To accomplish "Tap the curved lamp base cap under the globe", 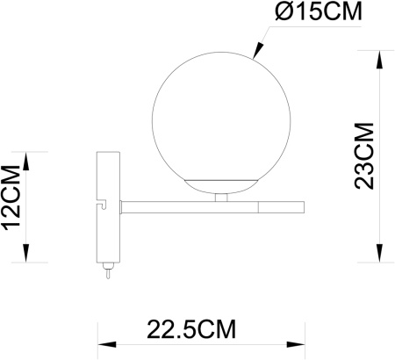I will point(220,184).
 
